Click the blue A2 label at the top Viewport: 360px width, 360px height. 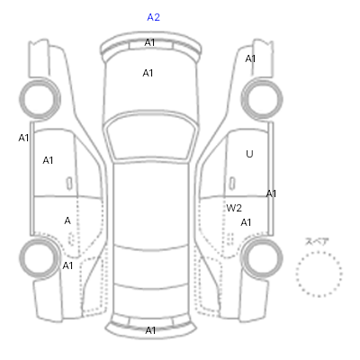tap(153, 17)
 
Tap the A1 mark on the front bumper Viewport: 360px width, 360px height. tap(149, 43)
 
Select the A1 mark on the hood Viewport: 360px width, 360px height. tap(148, 73)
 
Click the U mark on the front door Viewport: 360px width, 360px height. tap(249, 154)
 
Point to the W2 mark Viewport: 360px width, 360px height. tap(234, 208)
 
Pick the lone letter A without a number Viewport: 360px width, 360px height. tap(67, 221)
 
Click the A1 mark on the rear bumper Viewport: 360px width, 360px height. tap(150, 330)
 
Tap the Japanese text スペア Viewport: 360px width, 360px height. tap(317, 241)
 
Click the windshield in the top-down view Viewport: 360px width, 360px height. tap(152, 137)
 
